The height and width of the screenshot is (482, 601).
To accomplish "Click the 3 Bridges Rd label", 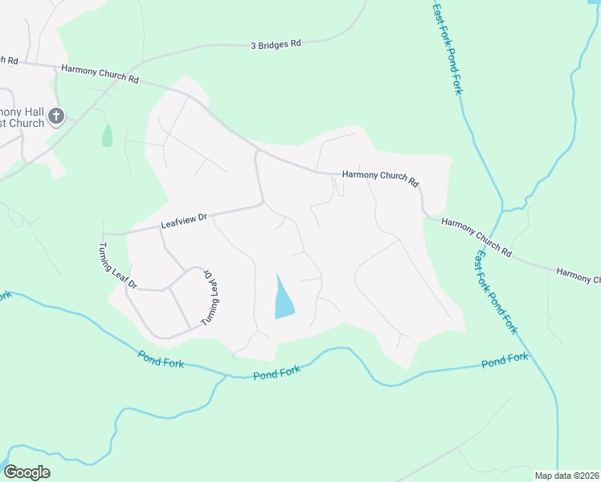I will coord(275,45).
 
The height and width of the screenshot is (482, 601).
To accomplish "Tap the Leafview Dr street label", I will coord(184,218).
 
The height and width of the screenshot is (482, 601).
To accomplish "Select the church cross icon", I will coord(56,116).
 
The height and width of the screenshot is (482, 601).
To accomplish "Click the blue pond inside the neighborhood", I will coord(282,299).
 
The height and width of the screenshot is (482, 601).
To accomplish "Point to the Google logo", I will coord(27,472).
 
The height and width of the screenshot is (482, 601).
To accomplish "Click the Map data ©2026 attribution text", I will coord(566,476).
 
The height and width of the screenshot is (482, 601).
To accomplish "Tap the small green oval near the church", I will coord(107,136).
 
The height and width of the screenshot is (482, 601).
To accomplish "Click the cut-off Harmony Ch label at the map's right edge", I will coord(578,276).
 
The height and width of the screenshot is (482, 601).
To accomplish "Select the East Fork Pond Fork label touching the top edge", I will coord(448,48).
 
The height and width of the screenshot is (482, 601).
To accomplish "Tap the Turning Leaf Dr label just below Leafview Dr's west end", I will coord(117,265).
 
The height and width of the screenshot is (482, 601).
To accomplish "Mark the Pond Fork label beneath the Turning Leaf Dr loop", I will coord(161,358).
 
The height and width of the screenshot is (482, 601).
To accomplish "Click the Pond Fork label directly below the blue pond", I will coord(276,371).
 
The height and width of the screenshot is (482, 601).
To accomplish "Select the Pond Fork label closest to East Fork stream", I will coord(505,360).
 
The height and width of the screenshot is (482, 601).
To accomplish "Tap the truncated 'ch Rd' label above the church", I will coord(9,59).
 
